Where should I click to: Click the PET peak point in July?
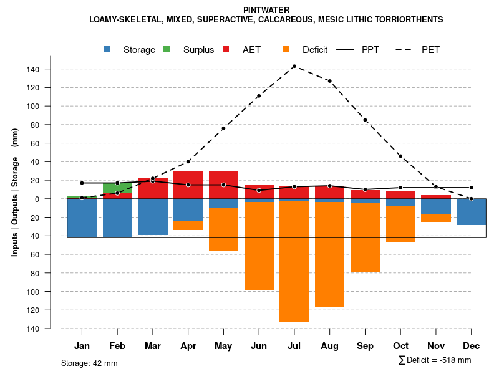coord(294,66)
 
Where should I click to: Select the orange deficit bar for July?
coord(294,261)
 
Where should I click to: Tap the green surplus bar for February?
coord(117,188)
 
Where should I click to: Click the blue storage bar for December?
coord(471,212)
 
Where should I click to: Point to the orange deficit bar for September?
coord(365,237)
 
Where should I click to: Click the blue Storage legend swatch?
coord(108,50)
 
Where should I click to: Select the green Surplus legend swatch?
coord(167,50)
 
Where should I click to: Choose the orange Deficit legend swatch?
coord(286,50)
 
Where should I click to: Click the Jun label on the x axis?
coord(259,346)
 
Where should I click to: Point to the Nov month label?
coord(436,346)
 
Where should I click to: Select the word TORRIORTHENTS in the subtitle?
coord(408,19)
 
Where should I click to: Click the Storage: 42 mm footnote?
coord(89,363)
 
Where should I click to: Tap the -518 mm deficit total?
coord(453,360)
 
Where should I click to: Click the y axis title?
coord(14,193)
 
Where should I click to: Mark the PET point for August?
coord(329,81)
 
